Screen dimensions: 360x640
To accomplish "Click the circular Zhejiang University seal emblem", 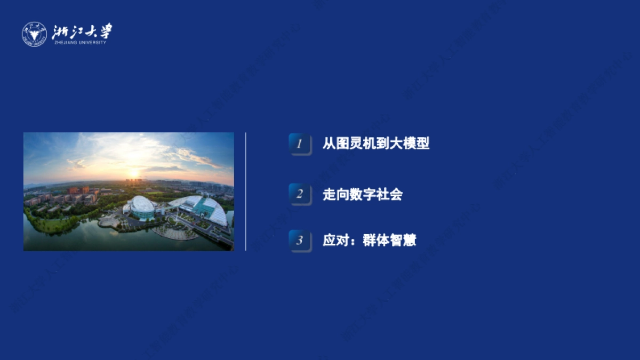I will point(34,34).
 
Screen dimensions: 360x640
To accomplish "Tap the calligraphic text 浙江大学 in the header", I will point(83,31).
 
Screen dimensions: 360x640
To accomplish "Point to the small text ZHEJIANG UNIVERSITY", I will point(80,43).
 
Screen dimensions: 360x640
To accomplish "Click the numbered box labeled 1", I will point(300,144).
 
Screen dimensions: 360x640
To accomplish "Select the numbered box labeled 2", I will point(300,194).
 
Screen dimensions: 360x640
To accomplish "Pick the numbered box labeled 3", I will point(300,241).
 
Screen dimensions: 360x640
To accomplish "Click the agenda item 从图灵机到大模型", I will point(376,143).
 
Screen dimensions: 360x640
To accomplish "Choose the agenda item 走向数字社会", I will point(362,194).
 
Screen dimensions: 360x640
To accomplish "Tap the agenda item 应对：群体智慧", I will point(369,241).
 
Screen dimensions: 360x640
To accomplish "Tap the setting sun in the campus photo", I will point(133,173).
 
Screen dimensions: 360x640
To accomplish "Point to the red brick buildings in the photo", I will point(80,190).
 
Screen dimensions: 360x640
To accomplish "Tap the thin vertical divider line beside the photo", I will point(245,191).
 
